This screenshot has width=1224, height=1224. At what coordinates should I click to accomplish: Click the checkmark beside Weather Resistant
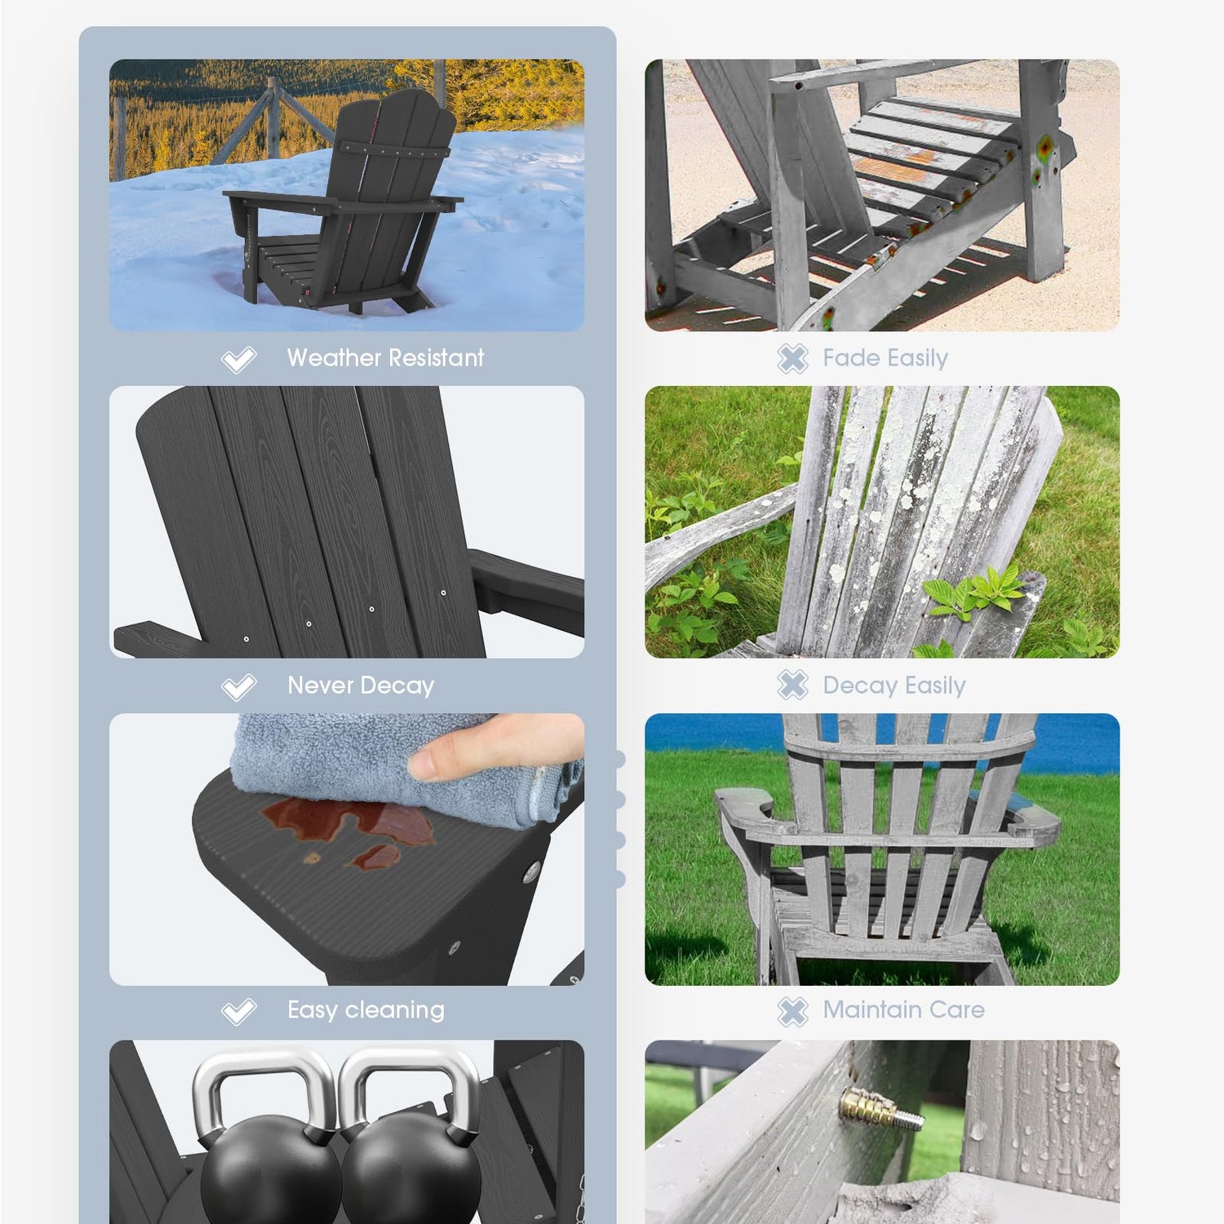pos(238,359)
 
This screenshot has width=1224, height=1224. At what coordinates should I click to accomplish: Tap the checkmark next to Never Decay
pos(238,687)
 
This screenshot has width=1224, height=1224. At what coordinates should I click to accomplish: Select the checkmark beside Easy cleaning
pos(238,1012)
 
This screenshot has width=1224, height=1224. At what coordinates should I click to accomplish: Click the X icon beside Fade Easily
pos(792,358)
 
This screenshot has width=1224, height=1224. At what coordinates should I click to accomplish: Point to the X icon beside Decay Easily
pos(792,685)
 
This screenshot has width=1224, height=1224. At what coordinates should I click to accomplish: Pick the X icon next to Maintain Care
pos(792,1012)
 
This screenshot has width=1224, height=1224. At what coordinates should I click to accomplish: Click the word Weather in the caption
pos(333,357)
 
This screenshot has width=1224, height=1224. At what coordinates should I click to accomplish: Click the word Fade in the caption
pos(851,357)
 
